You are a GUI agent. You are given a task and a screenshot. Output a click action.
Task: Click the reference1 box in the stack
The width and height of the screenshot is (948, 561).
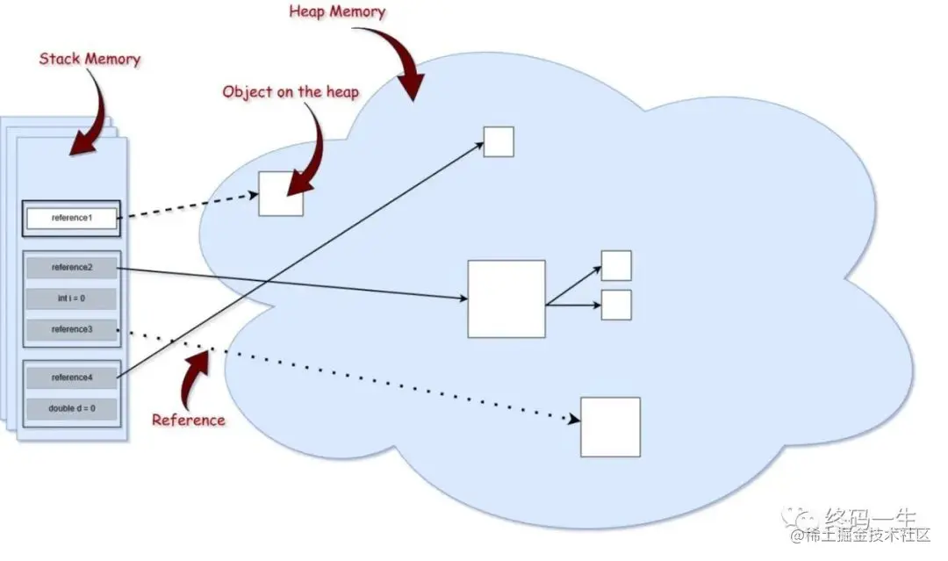pos(71,218)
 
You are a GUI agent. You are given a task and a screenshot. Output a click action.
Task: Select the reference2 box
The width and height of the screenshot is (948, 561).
pos(71,267)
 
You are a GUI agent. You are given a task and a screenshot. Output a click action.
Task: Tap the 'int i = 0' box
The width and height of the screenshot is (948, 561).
pos(71,298)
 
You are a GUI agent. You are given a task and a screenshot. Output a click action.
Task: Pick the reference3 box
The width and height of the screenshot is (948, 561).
pos(71,330)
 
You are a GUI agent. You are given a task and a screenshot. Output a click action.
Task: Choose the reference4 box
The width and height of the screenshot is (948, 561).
pos(71,378)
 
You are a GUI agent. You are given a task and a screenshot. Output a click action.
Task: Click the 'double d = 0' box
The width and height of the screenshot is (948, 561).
pos(71,409)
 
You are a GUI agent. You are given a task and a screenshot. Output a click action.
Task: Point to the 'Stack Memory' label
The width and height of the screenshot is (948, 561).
pos(90,60)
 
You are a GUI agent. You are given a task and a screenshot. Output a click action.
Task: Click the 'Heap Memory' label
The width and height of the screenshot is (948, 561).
pos(336,12)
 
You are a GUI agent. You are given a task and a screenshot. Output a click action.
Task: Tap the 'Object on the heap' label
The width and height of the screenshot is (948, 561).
pos(291,91)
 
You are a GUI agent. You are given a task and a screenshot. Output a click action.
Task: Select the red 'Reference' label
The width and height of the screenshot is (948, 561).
pos(188,420)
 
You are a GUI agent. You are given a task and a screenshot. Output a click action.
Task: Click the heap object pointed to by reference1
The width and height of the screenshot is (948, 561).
pos(281,194)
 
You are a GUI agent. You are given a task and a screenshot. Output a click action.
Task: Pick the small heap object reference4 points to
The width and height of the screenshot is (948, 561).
pos(499,141)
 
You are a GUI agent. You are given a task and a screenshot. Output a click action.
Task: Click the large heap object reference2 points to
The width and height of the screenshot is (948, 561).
pos(506,298)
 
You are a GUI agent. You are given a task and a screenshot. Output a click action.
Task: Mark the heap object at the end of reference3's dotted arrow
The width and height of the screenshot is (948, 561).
pos(610,427)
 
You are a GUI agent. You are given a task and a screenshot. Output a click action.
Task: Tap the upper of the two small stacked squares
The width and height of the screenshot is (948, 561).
pos(616,265)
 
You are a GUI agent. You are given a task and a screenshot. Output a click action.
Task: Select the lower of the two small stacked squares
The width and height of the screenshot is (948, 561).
pos(616,304)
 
